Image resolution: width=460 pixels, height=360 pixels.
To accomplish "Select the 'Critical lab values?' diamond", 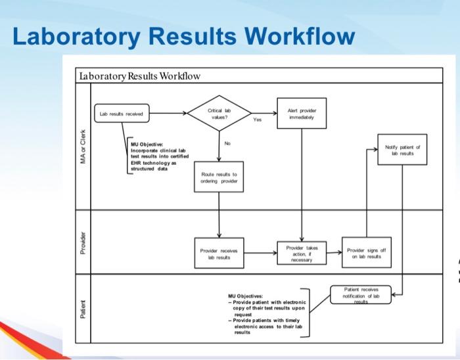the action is click(x=219, y=113).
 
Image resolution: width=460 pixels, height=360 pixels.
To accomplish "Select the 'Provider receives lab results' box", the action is click(x=219, y=253).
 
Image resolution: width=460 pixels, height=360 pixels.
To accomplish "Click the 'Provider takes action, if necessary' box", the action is click(x=302, y=253).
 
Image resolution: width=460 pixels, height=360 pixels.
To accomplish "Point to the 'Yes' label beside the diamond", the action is click(x=257, y=120).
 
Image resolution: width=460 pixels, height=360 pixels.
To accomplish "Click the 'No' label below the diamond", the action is click(x=227, y=143).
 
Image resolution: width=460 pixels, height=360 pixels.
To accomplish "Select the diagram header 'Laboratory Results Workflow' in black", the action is click(x=140, y=76).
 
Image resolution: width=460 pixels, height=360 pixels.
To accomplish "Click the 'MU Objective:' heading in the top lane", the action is click(x=147, y=143).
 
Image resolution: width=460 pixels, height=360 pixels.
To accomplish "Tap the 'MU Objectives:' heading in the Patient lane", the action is click(x=245, y=296).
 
